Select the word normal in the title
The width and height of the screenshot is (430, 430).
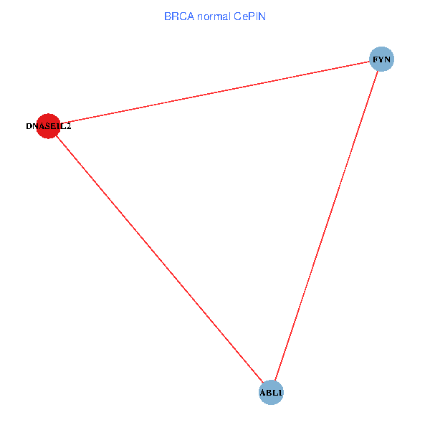pos(214,16)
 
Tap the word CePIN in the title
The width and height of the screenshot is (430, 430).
pos(249,16)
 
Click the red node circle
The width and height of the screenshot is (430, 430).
pos(48,126)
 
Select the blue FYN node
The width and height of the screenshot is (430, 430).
pos(381,59)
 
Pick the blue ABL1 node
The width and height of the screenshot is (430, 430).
pos(271,393)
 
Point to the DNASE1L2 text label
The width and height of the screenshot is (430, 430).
pos(49,126)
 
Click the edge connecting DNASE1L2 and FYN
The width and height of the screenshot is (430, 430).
pos(215,92)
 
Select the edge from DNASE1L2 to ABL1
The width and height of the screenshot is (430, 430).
pos(159,259)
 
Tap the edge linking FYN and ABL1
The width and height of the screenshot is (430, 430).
pos(326,226)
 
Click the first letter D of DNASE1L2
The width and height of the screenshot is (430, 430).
pos(29,126)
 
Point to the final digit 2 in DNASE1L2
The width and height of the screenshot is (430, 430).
pos(69,126)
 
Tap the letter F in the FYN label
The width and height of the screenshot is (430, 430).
pos(375,59)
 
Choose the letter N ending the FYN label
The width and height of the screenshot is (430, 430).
pos(387,59)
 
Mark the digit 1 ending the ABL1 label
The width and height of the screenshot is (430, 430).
pos(279,393)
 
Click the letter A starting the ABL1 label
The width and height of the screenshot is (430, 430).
pos(263,393)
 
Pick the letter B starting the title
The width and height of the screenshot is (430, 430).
pos(168,16)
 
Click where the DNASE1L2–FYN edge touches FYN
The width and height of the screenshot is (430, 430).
pos(370,62)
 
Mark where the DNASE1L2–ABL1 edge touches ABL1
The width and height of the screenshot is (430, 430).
pos(263,382)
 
